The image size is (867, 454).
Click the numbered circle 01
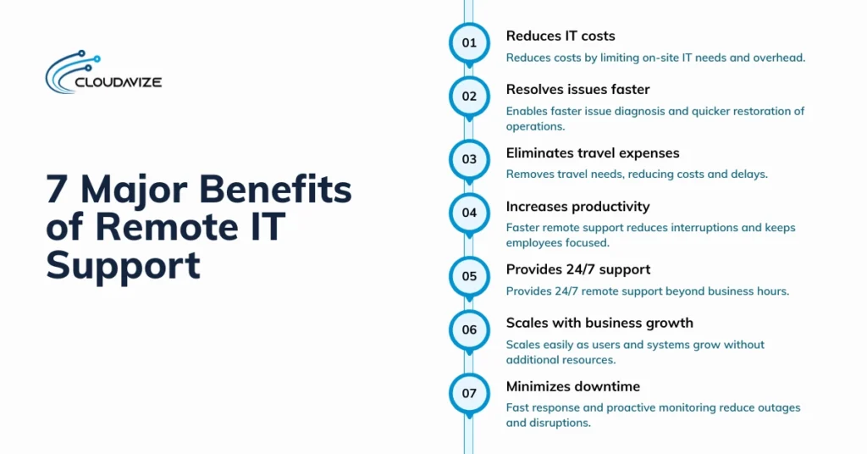(469, 42)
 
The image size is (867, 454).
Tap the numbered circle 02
(469, 96)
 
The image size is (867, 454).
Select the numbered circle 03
(469, 158)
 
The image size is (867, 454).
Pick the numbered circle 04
(469, 213)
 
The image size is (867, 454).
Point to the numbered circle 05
(469, 275)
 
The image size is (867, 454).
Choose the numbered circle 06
(469, 329)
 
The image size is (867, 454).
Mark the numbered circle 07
(469, 393)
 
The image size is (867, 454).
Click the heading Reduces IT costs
(561, 36)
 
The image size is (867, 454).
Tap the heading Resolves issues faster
(577, 89)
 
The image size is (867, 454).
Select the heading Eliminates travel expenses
(593, 152)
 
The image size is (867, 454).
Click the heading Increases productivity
(577, 206)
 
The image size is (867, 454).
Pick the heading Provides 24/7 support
(577, 269)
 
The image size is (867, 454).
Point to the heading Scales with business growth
(599, 323)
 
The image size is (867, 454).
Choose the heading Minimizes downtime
(573, 386)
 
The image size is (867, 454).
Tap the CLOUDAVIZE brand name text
(119, 82)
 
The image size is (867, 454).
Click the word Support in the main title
(123, 265)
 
